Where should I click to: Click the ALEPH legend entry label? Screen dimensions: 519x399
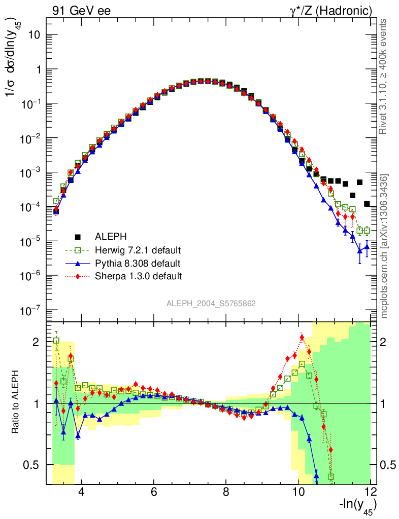[x=110, y=237]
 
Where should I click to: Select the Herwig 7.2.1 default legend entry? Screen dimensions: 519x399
[x=138, y=250]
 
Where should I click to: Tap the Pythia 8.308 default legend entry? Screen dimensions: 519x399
[x=138, y=263]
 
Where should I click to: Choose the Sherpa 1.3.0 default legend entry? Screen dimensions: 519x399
[x=139, y=276]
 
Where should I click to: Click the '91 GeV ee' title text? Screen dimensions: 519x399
[x=81, y=10]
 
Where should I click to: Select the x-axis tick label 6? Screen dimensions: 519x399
[x=153, y=492]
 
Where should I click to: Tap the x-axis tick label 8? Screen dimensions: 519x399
[x=226, y=492]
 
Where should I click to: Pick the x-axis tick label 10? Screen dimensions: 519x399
[x=298, y=492]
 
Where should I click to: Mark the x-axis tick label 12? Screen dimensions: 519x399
[x=371, y=492]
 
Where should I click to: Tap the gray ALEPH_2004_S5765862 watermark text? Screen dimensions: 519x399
[x=211, y=304]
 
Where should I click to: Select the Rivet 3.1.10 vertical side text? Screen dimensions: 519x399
[x=384, y=76]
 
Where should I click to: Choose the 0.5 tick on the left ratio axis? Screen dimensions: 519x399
[x=34, y=465]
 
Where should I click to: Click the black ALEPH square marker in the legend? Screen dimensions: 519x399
[x=78, y=237]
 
